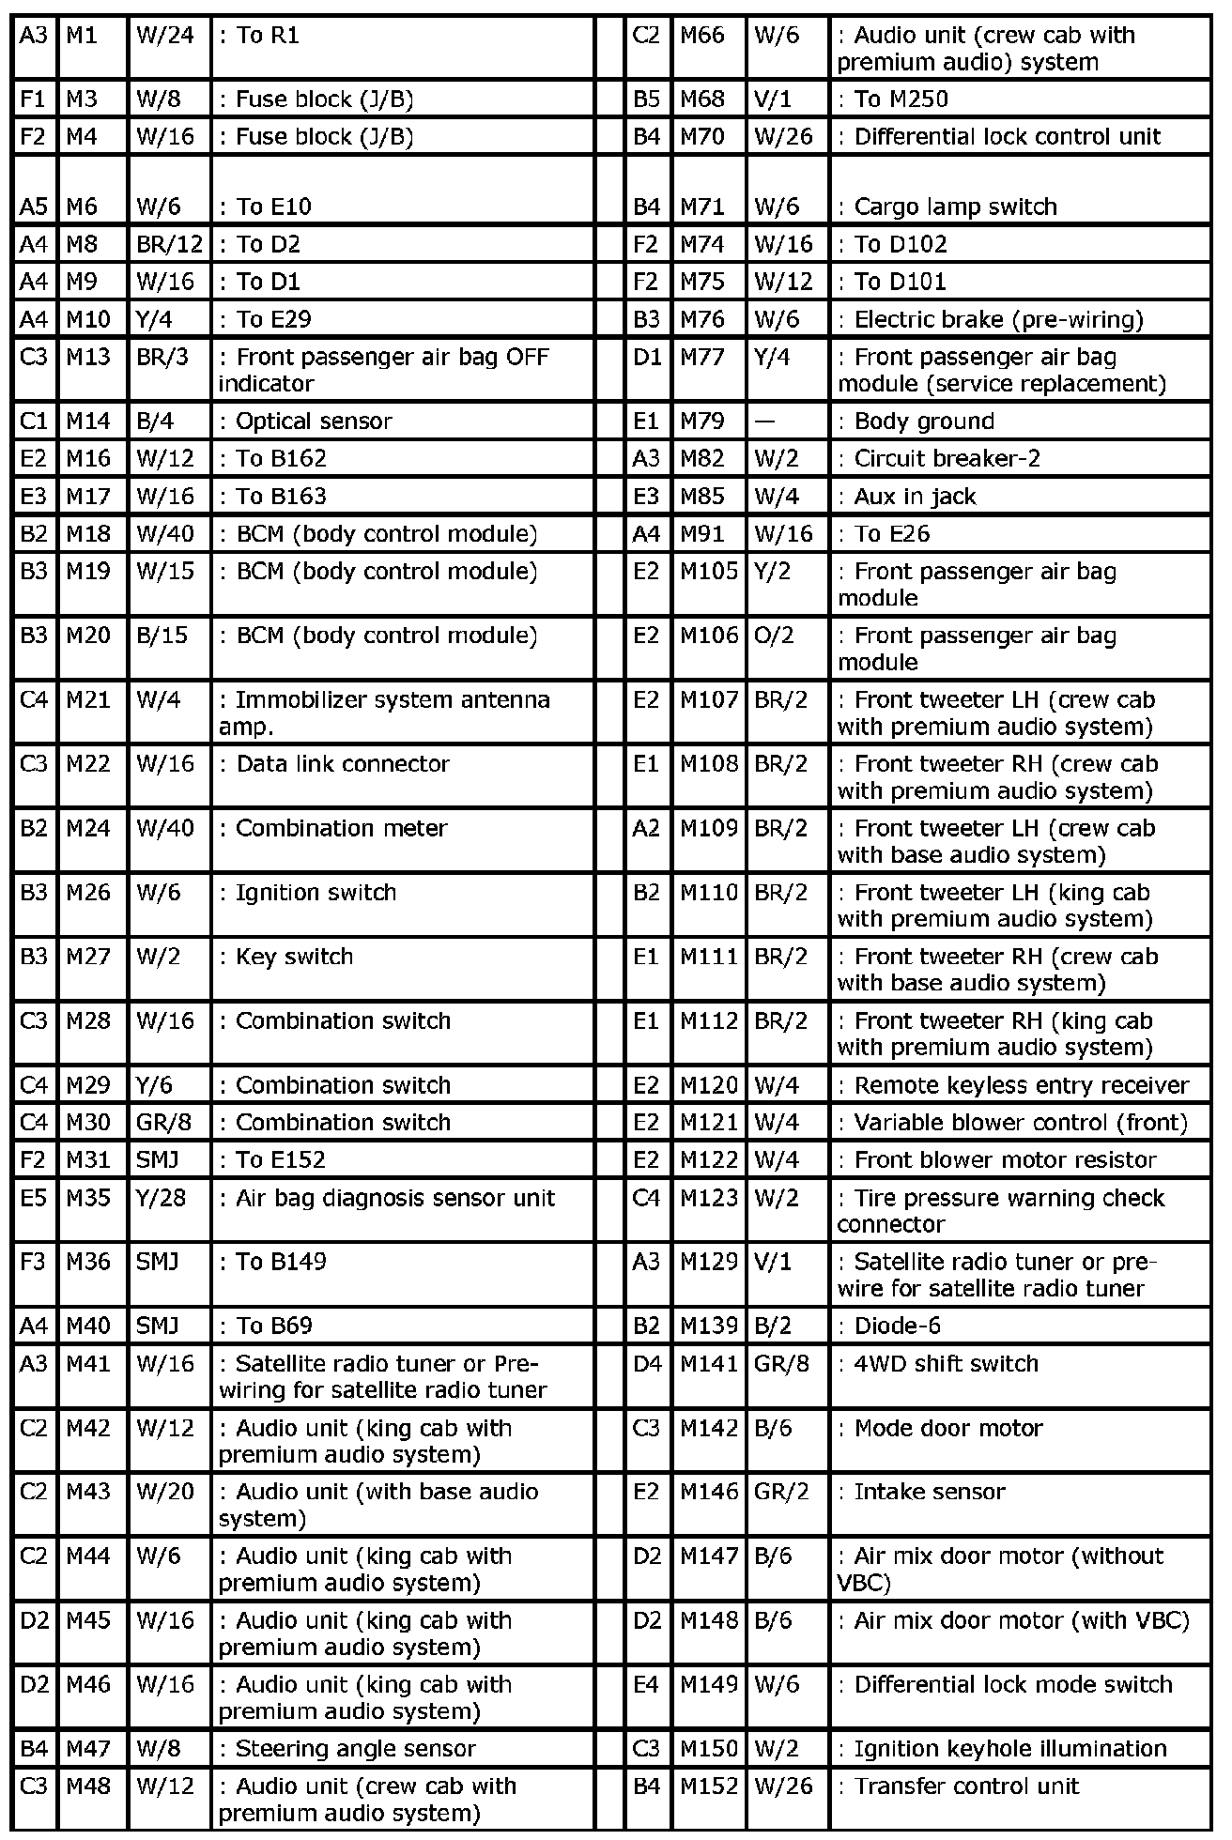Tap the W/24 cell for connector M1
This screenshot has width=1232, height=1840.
[x=165, y=36]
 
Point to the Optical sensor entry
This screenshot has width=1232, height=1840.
[x=314, y=422]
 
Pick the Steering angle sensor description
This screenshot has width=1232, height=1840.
[x=355, y=1749]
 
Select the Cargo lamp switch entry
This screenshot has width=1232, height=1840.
[x=955, y=207]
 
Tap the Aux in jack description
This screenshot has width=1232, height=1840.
[x=915, y=497]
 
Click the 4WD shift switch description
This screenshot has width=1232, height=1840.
[x=946, y=1364]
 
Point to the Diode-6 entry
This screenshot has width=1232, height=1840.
[x=897, y=1326]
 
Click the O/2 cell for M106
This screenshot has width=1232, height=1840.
[x=774, y=636]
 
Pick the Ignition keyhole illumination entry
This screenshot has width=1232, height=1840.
[x=1009, y=1749]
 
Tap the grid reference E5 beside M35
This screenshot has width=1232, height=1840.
[x=32, y=1199]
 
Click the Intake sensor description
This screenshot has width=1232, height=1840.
[x=929, y=1492]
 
